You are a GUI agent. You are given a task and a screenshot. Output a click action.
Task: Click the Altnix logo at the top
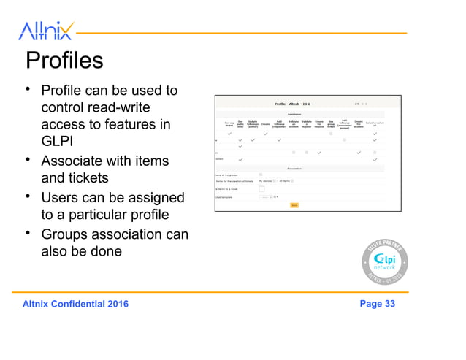coord(45,31)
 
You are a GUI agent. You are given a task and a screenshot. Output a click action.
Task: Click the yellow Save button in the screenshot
coord(294,205)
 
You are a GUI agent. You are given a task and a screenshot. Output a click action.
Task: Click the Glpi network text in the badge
coord(384,263)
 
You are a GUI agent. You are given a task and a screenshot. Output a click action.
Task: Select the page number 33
coord(389,304)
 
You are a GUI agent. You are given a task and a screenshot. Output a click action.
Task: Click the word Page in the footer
coord(370,304)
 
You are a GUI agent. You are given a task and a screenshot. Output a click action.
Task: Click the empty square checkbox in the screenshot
coord(262,189)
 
